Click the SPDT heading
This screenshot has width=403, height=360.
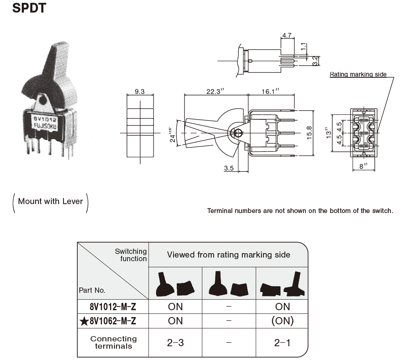pos(30,8)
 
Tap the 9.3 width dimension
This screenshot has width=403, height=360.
pos(140,92)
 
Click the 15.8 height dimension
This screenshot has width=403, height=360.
pos(309,132)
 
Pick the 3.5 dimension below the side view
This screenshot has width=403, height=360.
pos(229,168)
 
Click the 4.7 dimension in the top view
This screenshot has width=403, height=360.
pos(287,36)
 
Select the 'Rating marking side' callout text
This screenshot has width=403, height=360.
pos(358,75)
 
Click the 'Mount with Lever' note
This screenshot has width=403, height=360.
pos(51,201)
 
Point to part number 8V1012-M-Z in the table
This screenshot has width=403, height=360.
pos(113,306)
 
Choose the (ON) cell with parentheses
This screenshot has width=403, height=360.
pos(282,321)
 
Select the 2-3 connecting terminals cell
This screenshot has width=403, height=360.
pos(175,343)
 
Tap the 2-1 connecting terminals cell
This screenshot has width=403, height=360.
pos(282,343)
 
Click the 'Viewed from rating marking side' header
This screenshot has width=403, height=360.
pos(229,255)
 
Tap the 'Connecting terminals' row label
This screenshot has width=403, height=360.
pos(113,343)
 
